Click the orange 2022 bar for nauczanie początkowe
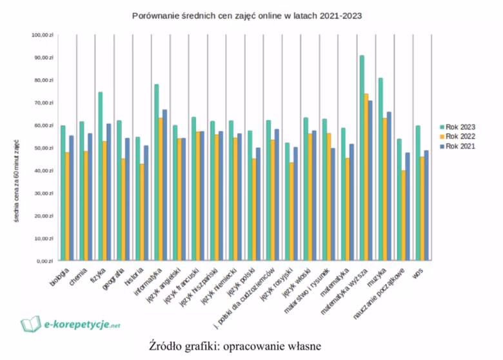tap(403, 215)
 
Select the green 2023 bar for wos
tap(417, 193)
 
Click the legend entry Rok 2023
tap(458, 127)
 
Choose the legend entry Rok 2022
tap(458, 136)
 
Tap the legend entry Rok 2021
tap(458, 146)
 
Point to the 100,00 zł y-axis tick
tap(44, 35)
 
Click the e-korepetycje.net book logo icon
tap(30, 323)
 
